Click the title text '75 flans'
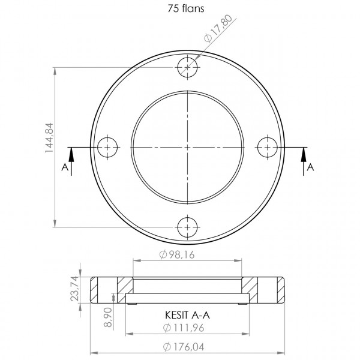[186, 9]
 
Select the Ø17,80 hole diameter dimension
[219, 28]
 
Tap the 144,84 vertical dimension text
[49, 138]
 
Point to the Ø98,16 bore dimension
[177, 254]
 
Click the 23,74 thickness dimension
[75, 289]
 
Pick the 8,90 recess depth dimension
[108, 317]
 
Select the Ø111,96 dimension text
[184, 328]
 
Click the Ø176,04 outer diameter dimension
[184, 347]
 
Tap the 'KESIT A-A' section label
[187, 315]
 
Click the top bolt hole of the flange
[188, 67]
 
